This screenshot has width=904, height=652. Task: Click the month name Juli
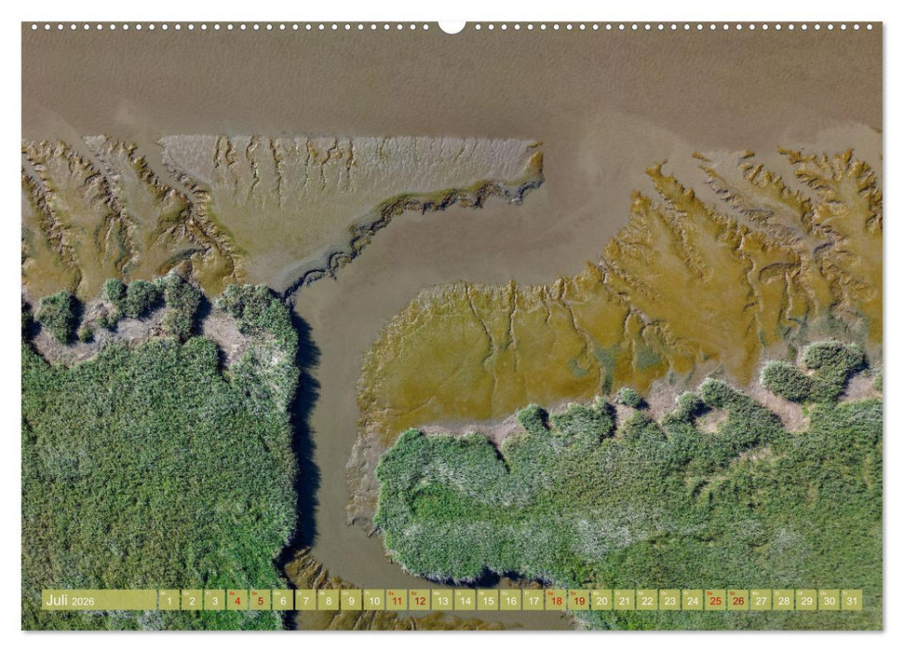point(57,601)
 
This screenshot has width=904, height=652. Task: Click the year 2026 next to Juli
point(83,602)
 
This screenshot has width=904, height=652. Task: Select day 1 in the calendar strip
point(169,601)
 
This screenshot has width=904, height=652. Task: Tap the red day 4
point(236,601)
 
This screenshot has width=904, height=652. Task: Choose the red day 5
point(260,601)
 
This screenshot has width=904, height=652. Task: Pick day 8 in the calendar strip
point(328,601)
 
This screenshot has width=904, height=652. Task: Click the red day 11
point(396,601)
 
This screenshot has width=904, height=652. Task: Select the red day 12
point(419,601)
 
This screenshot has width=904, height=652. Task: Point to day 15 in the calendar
point(487,601)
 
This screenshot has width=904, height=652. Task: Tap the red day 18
point(556,601)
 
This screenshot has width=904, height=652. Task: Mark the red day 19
point(578,601)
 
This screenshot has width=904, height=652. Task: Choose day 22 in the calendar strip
point(647,601)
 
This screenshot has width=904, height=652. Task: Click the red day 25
point(715,601)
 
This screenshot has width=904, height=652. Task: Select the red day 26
point(738,601)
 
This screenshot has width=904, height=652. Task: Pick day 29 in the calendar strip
point(806,601)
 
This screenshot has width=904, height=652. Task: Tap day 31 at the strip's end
point(851,601)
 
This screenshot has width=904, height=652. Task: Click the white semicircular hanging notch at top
point(452,27)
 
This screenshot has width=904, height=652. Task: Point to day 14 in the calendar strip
point(465,601)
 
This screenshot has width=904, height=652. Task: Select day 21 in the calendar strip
point(624,601)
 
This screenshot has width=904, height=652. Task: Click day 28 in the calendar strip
point(783,601)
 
